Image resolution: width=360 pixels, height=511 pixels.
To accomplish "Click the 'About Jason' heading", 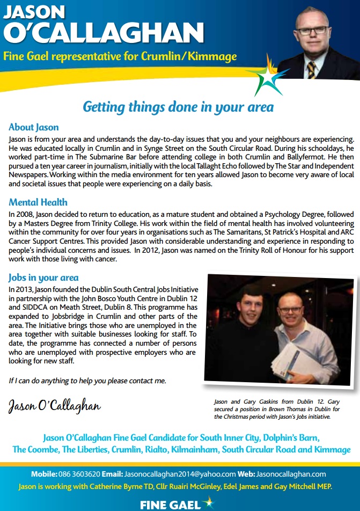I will tap(34, 128).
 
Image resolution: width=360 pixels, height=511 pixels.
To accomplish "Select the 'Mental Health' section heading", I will tap(38, 202).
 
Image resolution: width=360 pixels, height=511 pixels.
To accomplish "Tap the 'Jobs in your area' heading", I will tap(43, 278).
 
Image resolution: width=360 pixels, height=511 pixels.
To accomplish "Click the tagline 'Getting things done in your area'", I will tap(178, 106).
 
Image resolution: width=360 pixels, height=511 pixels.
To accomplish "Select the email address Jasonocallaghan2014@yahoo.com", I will tap(180, 474).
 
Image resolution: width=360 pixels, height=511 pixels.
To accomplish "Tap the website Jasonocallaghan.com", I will tap(291, 474).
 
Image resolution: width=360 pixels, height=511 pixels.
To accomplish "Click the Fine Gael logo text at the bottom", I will tap(170, 505).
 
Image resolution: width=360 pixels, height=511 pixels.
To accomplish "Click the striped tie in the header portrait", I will tap(311, 70).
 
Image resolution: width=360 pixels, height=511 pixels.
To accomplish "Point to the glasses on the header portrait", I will tap(314, 30).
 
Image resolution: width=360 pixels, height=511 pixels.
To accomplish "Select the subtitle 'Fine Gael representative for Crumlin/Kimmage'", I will tap(120, 56).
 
